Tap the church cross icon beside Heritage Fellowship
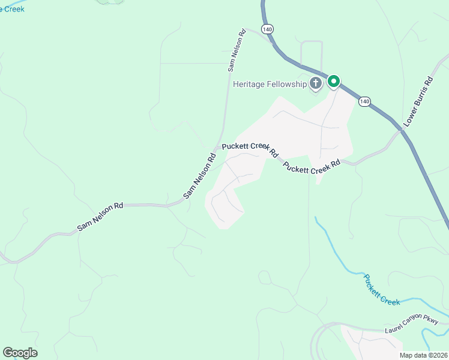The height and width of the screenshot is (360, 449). [x=316, y=83]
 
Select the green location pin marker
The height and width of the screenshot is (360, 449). [x=333, y=81]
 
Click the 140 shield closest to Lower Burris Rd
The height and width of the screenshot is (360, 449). [x=364, y=101]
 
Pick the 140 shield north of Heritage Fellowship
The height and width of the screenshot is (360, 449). [x=268, y=28]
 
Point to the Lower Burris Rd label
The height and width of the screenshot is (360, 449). [x=418, y=101]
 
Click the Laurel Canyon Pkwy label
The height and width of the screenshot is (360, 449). [x=412, y=326]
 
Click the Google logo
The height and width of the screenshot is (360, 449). [x=20, y=353]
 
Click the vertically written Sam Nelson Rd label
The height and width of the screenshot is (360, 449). [x=237, y=51]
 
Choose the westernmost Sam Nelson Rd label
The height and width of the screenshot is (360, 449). [x=100, y=217]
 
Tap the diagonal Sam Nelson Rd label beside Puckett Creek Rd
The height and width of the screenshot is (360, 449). [x=199, y=177]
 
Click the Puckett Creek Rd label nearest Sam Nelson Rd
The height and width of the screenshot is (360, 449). [x=250, y=149]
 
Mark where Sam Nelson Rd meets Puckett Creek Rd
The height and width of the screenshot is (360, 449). [x=217, y=147]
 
